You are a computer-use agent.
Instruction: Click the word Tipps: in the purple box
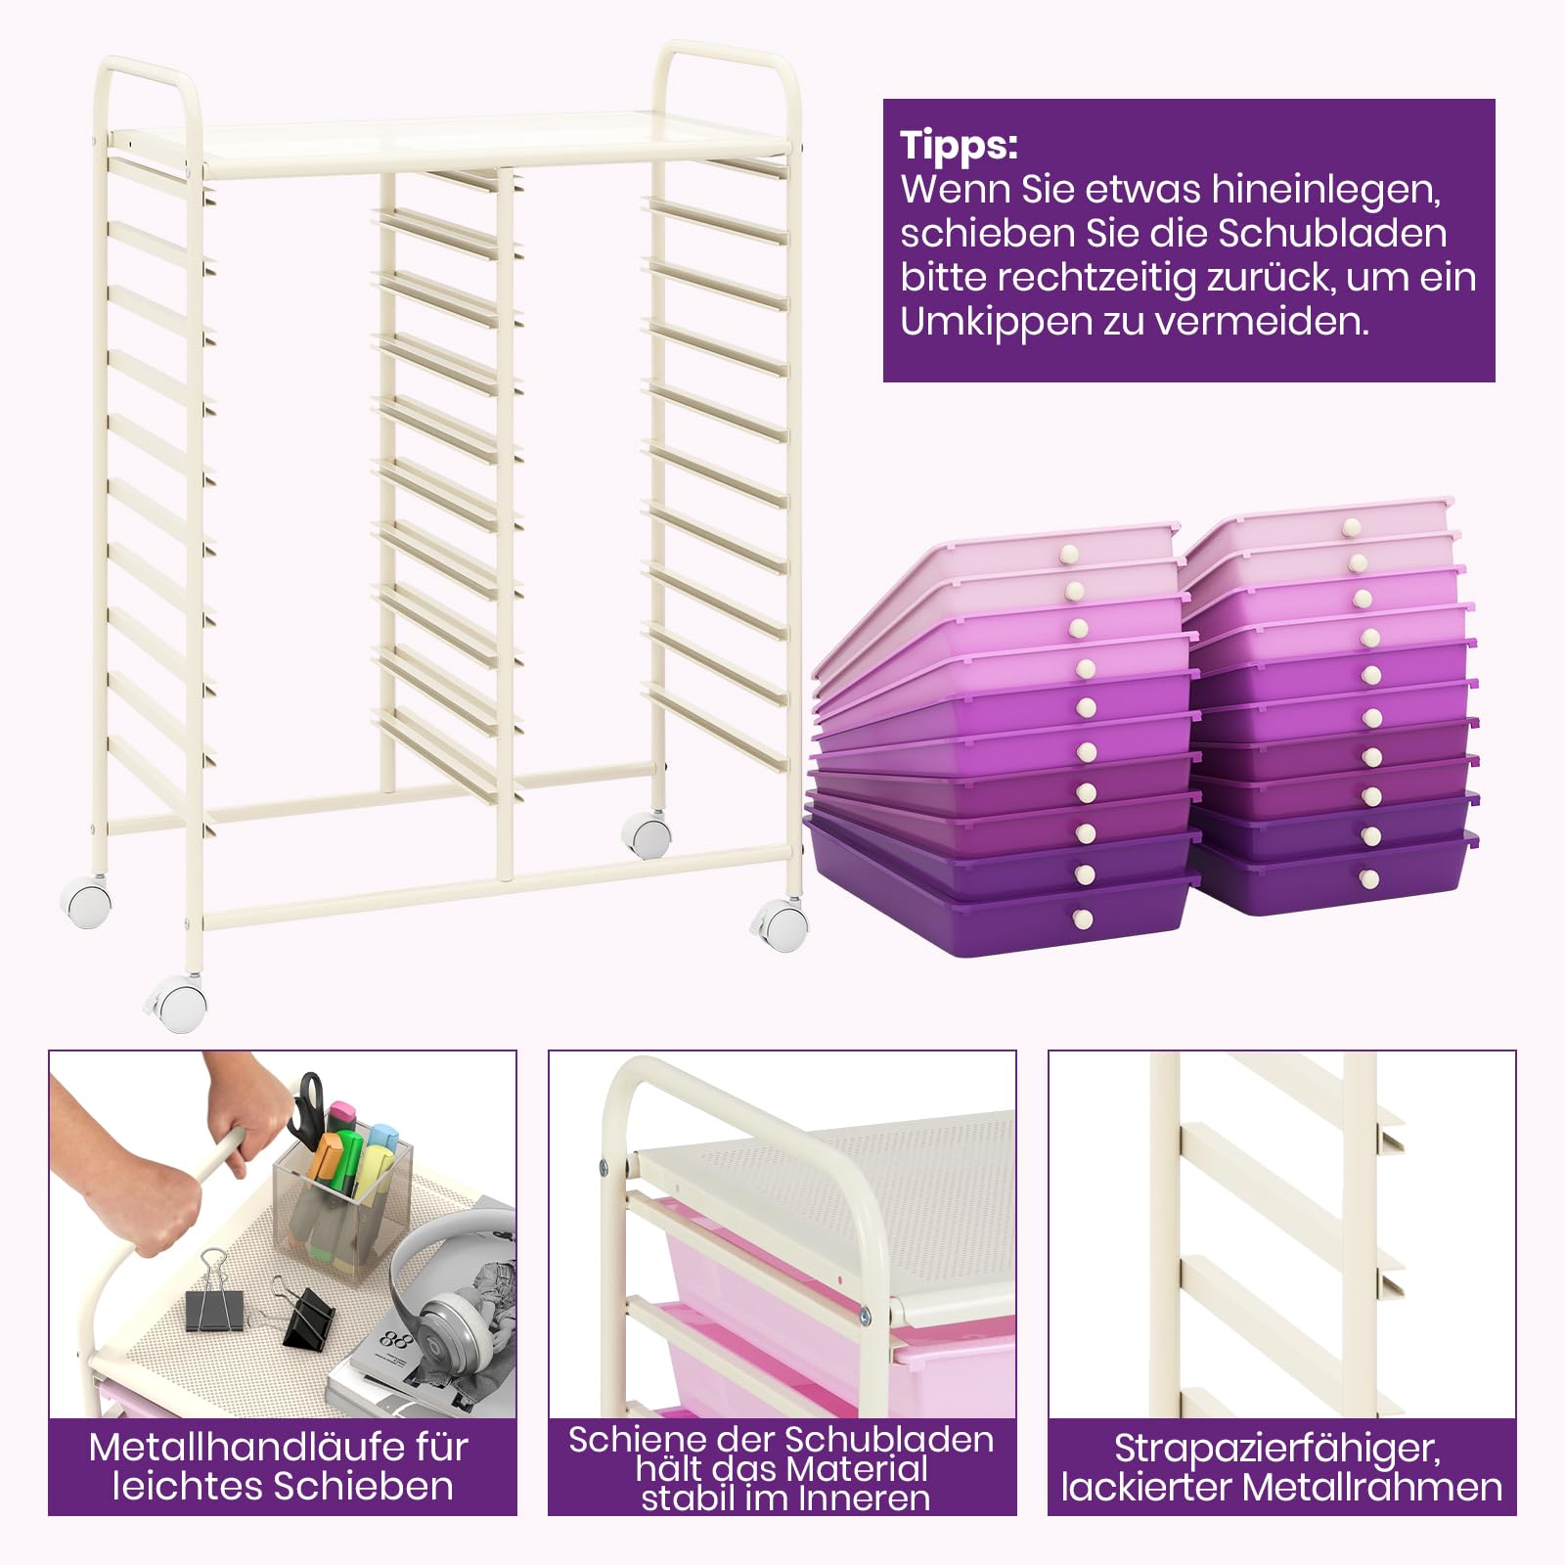[959, 146]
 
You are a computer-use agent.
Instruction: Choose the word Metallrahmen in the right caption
[1372, 1488]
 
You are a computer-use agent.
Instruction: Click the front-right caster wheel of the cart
[782, 923]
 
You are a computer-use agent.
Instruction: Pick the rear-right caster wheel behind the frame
[647, 836]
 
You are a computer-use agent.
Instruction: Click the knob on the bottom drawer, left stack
[1083, 918]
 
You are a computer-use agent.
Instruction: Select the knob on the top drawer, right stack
[1352, 528]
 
